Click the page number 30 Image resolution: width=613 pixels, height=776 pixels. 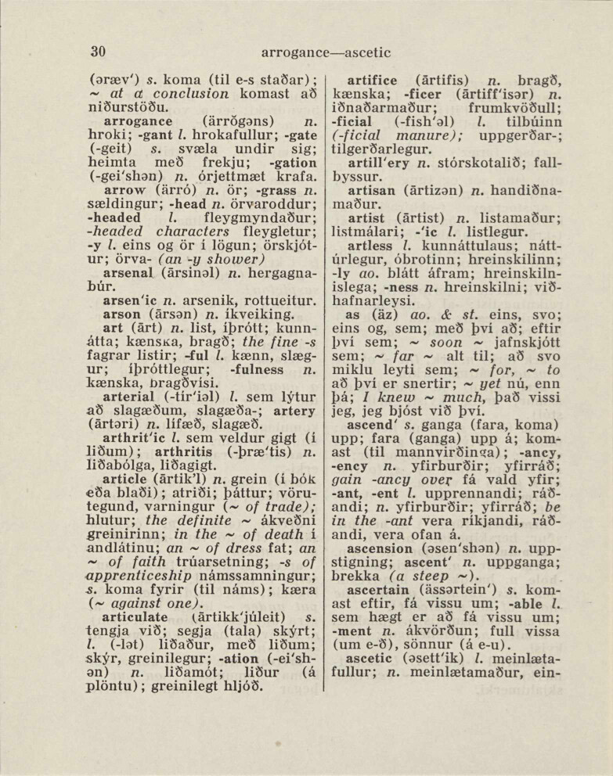(98, 52)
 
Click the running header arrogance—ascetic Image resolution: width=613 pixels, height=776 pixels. (326, 53)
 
